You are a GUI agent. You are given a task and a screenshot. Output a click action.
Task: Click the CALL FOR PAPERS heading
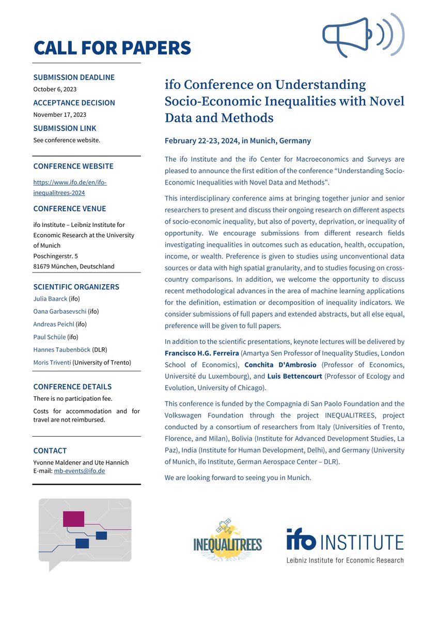[112, 48]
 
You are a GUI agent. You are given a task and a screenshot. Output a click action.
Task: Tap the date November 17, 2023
[59, 114]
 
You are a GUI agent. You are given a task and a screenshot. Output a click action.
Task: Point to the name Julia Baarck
[50, 299]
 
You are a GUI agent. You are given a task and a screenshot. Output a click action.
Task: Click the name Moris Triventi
[52, 362]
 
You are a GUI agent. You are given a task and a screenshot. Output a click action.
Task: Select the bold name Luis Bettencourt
[288, 376]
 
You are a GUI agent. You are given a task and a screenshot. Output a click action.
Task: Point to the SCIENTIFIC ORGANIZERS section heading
[76, 287]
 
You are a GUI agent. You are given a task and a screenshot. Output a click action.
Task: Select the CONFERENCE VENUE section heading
[70, 209]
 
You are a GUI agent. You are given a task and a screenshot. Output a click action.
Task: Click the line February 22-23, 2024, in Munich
[238, 141]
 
